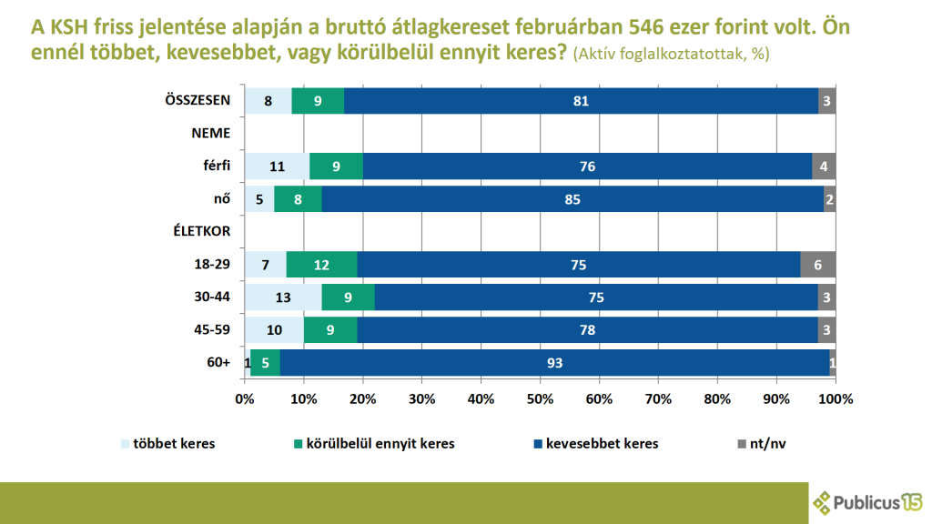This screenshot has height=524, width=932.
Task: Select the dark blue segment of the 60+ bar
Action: point(554,363)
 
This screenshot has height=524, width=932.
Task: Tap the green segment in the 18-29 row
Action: point(321,265)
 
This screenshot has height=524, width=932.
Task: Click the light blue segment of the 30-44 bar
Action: point(282,297)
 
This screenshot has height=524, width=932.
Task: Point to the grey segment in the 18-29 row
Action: point(817,265)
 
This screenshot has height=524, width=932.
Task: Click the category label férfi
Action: point(216,166)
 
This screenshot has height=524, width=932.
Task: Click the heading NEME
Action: point(210,133)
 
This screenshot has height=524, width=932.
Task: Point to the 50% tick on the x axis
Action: point(540,398)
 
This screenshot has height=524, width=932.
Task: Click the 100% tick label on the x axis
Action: point(835,398)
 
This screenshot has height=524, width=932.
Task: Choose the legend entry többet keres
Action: point(168,444)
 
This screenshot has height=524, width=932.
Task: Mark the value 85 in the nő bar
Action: point(572,198)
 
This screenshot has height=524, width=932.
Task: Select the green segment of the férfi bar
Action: point(337,166)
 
